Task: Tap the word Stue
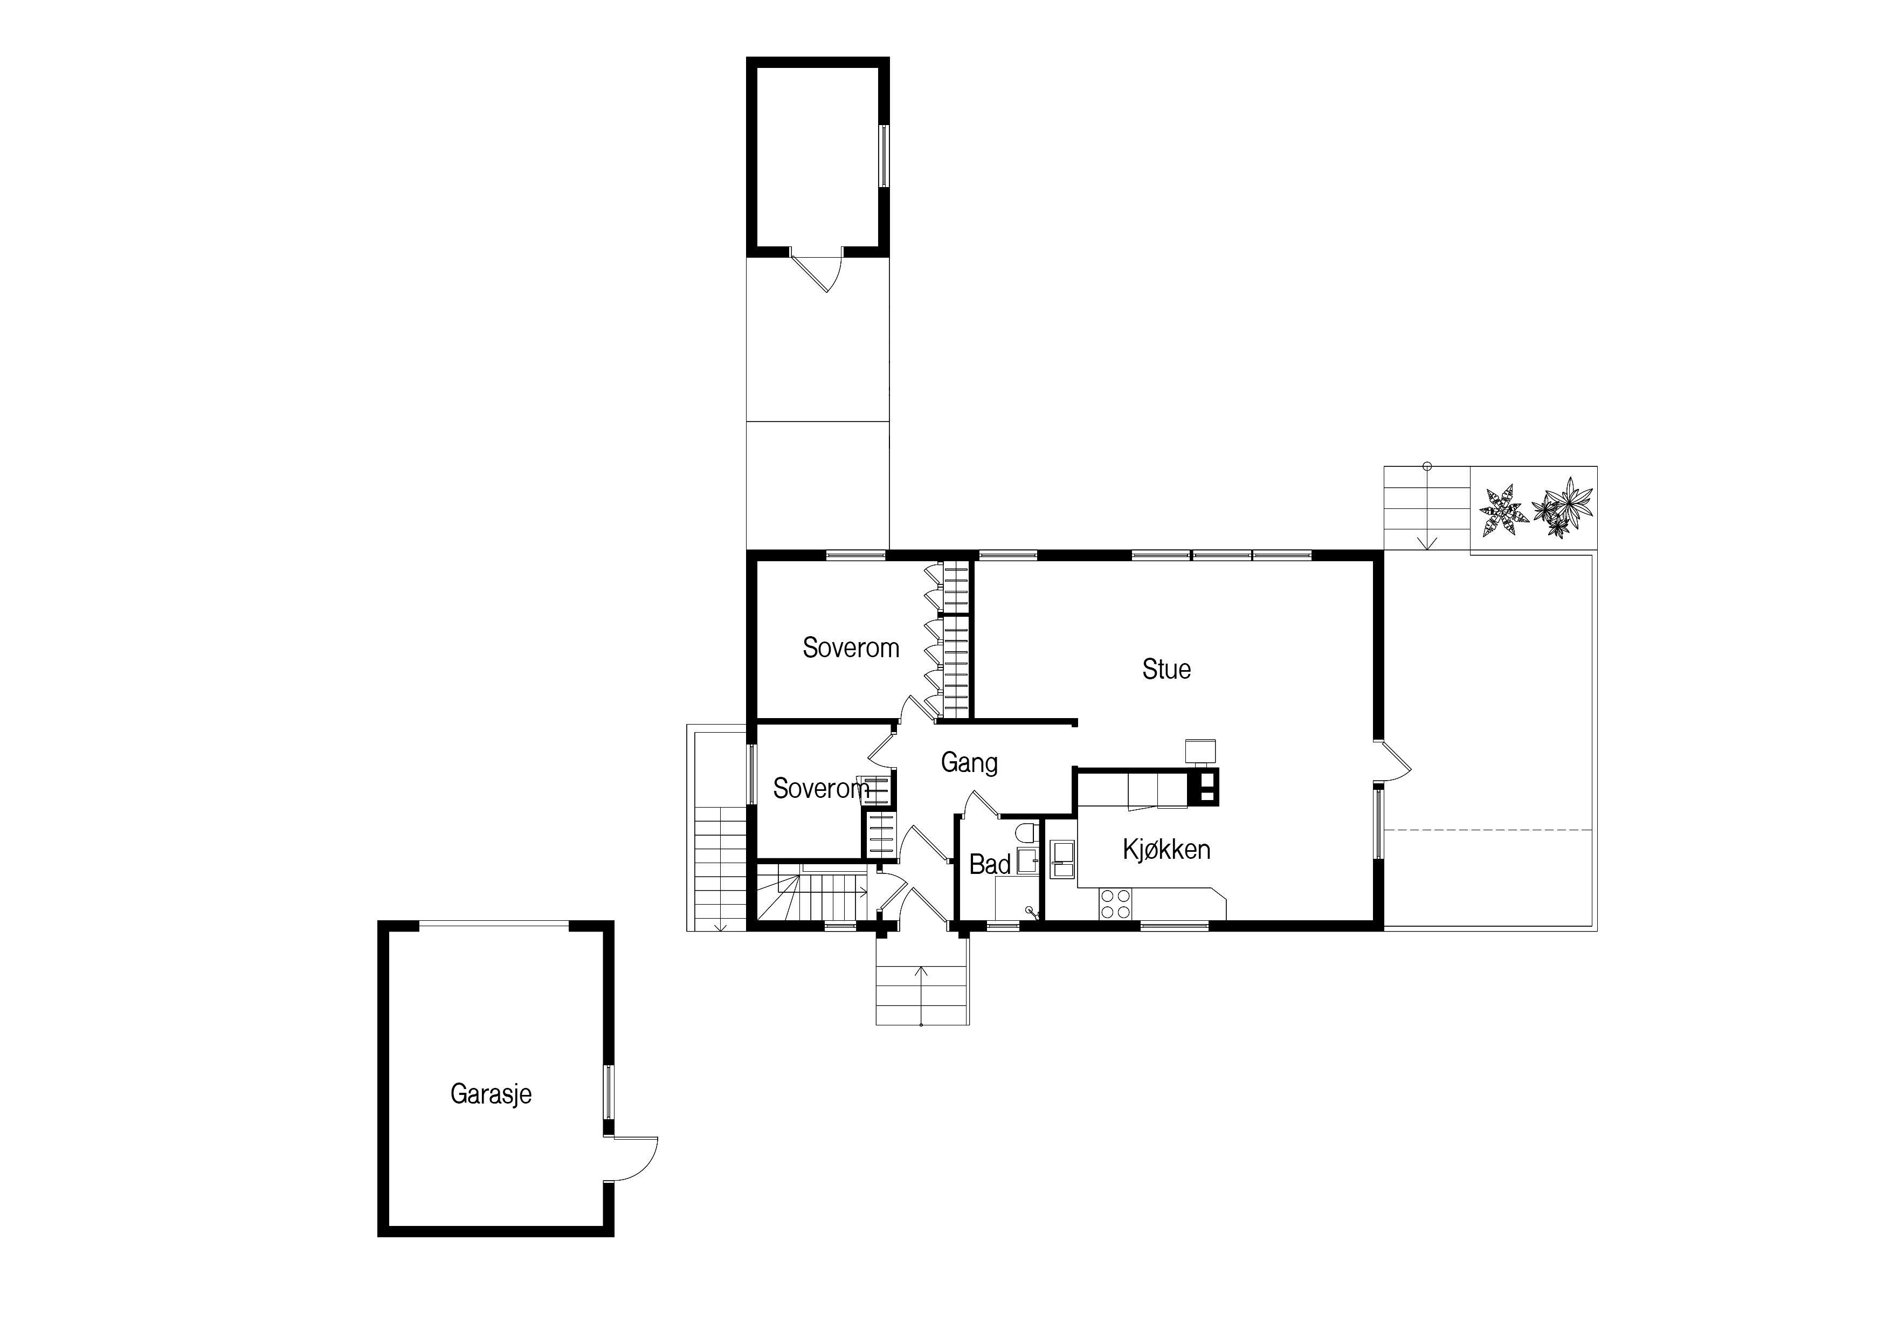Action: coord(1166,669)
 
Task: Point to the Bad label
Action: coord(990,864)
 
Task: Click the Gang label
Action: coord(969,763)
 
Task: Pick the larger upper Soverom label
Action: coord(851,649)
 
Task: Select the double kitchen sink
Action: coord(1062,861)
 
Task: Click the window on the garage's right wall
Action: coord(608,1092)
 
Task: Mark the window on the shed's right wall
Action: coord(884,156)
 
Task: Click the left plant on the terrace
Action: coord(1503,511)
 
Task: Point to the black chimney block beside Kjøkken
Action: coord(1203,786)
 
